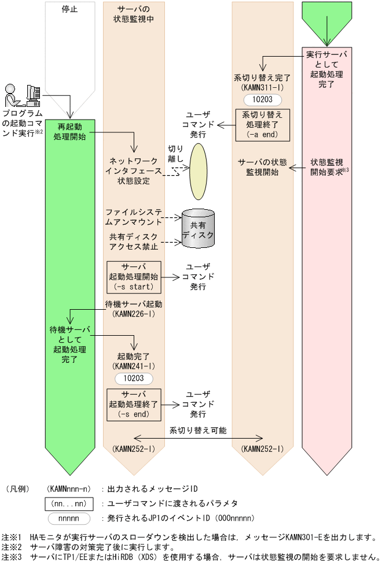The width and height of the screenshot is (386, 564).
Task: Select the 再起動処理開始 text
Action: click(70, 131)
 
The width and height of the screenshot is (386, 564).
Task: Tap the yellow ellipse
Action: click(199, 170)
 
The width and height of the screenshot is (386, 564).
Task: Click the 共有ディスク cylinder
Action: click(198, 229)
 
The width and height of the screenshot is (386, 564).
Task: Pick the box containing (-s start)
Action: click(134, 277)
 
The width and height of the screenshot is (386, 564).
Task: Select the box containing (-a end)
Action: click(262, 125)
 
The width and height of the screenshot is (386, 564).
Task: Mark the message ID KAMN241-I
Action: click(134, 366)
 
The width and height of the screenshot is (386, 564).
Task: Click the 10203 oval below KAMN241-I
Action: click(134, 378)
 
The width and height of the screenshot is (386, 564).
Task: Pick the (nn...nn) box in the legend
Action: click(70, 503)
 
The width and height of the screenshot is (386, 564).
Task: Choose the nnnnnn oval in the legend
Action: click(70, 518)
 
